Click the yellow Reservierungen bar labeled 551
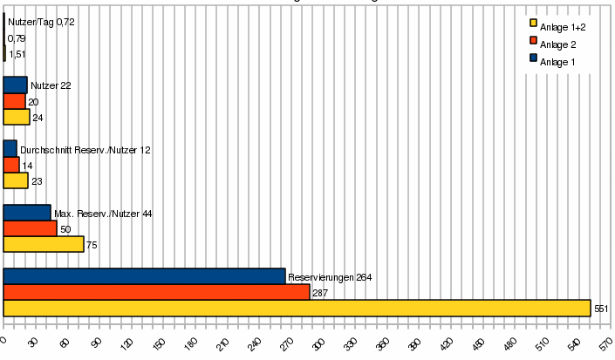(297, 309)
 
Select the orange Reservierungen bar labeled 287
(156, 293)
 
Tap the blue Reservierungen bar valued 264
(144, 276)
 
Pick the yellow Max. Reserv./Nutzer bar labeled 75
(44, 245)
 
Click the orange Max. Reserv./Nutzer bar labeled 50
(30, 228)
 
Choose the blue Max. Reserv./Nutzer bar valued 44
(27, 213)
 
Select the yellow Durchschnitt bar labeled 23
(16, 180)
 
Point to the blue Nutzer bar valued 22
(15, 85)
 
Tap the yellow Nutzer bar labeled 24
(17, 117)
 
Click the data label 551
(600, 309)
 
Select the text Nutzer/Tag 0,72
(41, 22)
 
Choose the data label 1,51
(17, 54)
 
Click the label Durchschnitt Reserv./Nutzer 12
(85, 150)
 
